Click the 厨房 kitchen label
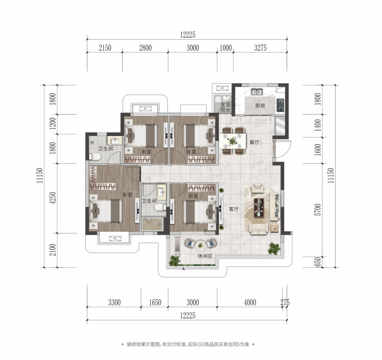tap(260, 106)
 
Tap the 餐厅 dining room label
tap(254, 142)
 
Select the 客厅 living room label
tap(234, 209)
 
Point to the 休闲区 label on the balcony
tap(205, 256)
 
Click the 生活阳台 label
tap(225, 107)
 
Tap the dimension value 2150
tap(105, 48)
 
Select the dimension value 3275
tap(260, 48)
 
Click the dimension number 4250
tap(52, 198)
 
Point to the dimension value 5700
tap(318, 210)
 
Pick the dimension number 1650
tap(155, 302)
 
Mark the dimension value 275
tap(285, 302)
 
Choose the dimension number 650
tap(318, 262)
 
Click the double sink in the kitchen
tap(257, 92)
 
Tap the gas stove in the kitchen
tap(280, 105)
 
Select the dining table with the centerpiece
tap(233, 141)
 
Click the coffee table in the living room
tap(259, 208)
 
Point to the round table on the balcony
tap(200, 245)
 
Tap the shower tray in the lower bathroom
tap(152, 224)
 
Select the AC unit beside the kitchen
tap(222, 88)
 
